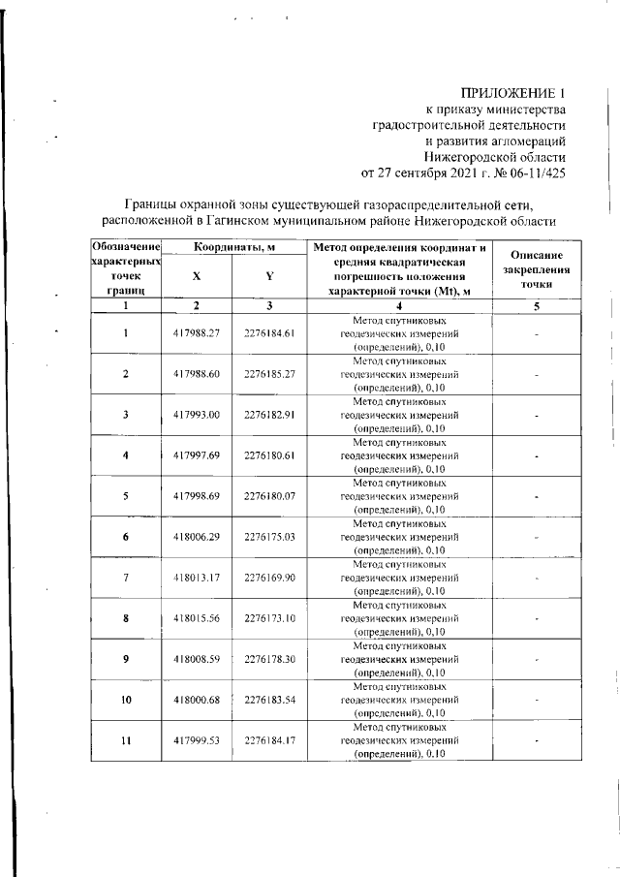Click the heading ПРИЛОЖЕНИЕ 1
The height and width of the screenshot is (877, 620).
[512, 93]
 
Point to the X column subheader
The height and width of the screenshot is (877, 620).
[197, 276]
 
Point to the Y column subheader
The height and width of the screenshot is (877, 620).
[269, 276]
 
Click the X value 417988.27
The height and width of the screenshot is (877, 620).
[197, 333]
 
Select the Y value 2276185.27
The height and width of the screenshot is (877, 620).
[269, 374]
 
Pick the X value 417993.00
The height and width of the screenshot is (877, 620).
[197, 415]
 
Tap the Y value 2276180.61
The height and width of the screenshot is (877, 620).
[269, 455]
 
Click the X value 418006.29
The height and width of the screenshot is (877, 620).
[197, 536]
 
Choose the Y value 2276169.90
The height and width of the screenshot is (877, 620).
[269, 578]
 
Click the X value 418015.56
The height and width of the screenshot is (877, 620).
[197, 618]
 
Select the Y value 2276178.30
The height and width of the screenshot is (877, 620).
[269, 659]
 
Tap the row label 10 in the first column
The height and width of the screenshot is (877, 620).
[126, 700]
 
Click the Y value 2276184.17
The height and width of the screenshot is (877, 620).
[269, 740]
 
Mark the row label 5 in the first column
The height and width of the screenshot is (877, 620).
[126, 496]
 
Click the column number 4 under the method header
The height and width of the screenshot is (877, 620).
[399, 306]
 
